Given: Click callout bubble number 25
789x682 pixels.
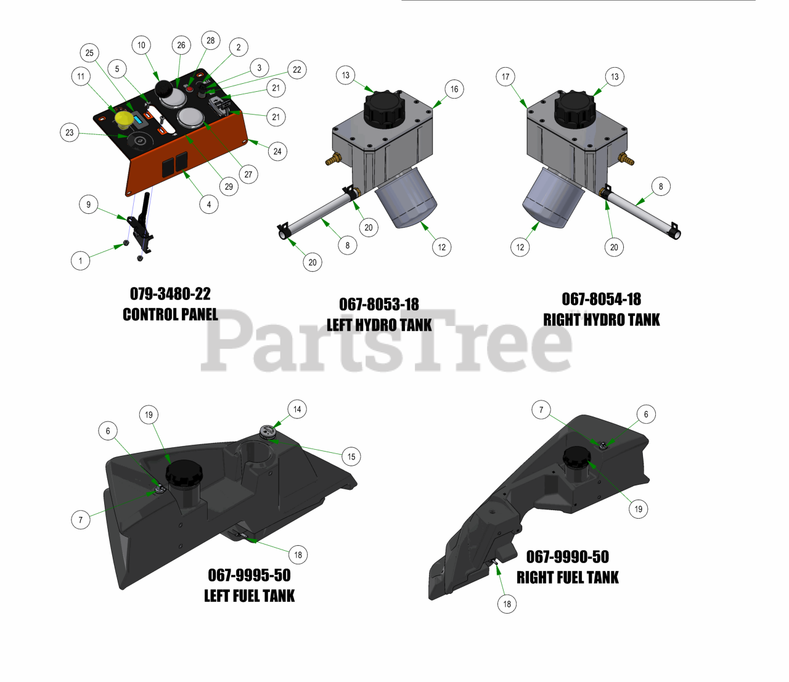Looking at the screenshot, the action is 89,53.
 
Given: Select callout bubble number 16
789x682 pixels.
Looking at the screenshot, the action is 454,89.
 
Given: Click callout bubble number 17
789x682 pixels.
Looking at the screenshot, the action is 505,76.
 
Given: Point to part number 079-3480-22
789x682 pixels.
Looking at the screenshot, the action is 170,294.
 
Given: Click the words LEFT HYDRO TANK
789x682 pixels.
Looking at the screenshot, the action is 379,325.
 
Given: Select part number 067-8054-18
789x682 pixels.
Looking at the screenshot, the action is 602,299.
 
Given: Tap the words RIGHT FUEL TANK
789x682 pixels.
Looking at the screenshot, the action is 568,577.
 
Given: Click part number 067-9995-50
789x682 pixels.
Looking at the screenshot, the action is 249,575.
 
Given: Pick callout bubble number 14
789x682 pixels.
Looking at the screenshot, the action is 297,409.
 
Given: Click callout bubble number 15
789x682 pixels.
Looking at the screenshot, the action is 351,457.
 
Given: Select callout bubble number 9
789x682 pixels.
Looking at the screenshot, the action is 89,205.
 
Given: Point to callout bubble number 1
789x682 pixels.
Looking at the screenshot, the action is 81,261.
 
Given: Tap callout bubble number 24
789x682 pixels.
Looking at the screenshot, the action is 277,152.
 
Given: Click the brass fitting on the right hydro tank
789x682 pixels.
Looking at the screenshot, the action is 626,159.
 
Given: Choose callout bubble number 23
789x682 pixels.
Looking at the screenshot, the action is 70,132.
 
